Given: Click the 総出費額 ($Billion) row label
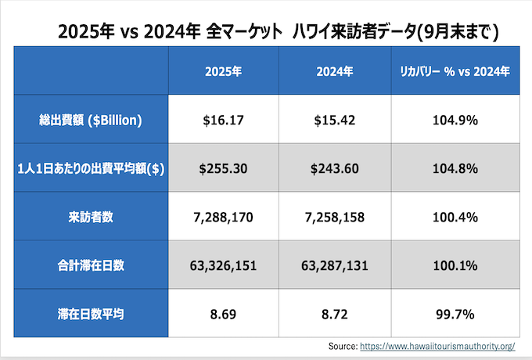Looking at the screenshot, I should [x=92, y=121].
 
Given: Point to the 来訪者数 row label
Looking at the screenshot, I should [x=92, y=217].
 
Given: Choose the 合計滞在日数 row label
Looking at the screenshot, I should [x=92, y=265].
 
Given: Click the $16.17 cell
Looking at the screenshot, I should [x=224, y=121].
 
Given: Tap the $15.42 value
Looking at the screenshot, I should [x=336, y=121].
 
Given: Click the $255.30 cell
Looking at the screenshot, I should [x=224, y=168].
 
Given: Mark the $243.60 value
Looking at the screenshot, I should [x=336, y=168].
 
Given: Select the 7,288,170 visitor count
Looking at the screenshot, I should [x=224, y=217].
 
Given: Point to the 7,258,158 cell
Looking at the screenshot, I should [x=336, y=217].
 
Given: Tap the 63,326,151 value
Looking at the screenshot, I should [x=224, y=265].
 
